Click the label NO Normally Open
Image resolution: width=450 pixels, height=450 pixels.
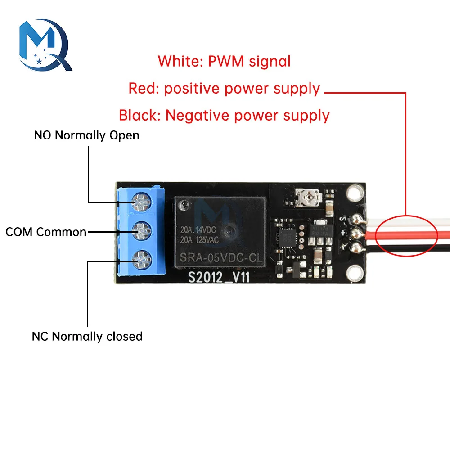pos(86,135)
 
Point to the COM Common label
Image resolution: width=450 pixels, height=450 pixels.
pos(46,232)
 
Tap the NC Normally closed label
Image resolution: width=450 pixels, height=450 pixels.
pos(87,336)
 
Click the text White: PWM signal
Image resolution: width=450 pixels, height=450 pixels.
pos(224,61)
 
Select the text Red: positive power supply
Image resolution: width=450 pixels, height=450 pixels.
pos(224,88)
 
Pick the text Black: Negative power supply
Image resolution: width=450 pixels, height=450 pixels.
pos(224,115)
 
